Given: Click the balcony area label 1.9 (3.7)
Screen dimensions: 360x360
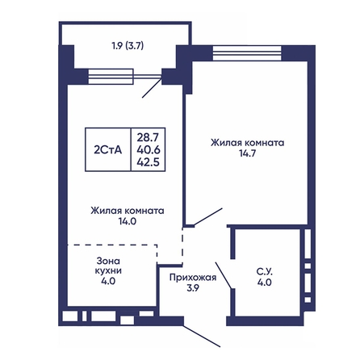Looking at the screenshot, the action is click(x=128, y=46).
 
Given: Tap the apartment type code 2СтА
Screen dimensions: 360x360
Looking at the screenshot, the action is click(x=108, y=149).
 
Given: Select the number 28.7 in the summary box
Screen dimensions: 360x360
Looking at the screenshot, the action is click(x=148, y=137).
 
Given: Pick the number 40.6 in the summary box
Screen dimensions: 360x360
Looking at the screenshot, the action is click(x=149, y=149).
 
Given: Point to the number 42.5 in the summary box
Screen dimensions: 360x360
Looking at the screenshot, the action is click(x=149, y=162).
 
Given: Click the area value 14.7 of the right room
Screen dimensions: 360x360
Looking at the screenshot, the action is click(x=247, y=153).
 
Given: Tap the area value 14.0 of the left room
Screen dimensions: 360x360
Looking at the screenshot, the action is click(x=128, y=221).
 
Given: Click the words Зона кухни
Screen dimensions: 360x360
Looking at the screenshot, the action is click(x=108, y=266).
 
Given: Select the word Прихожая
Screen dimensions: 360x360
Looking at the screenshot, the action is click(x=193, y=278).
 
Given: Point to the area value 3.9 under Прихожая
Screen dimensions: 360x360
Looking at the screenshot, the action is click(x=193, y=288).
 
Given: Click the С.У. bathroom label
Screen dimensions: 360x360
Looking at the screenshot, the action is click(x=265, y=272).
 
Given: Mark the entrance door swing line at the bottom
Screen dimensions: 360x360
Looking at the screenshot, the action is click(x=202, y=336).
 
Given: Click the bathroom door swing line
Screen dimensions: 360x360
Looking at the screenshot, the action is click(x=224, y=275).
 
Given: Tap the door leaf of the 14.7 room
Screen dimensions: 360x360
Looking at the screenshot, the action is click(x=208, y=216).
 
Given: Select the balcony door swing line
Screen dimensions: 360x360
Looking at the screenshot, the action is click(x=152, y=88).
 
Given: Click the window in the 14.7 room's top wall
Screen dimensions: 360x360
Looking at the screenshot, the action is click(x=247, y=53).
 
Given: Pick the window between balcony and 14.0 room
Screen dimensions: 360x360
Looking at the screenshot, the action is click(x=111, y=77).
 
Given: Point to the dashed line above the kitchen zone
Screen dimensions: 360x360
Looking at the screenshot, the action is click(x=112, y=245).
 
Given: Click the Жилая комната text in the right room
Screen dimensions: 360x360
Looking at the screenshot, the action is click(x=247, y=143).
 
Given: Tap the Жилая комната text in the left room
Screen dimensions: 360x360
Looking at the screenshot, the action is click(x=128, y=211).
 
